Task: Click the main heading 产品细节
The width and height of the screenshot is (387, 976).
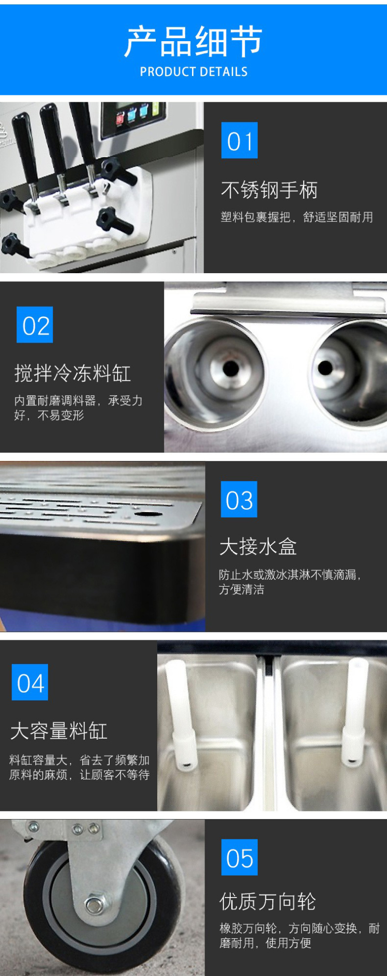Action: click(193, 42)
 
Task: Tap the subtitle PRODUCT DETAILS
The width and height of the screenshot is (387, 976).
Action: click(193, 72)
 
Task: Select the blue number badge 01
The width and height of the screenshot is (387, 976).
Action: click(239, 140)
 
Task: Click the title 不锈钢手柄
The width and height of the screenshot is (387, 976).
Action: click(269, 190)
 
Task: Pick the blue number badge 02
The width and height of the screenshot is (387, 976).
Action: click(35, 325)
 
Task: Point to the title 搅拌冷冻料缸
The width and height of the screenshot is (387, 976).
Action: click(73, 373)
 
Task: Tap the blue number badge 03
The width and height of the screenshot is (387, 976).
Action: click(239, 499)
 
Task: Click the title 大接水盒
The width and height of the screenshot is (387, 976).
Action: click(258, 547)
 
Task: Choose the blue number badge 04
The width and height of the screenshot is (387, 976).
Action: click(30, 682)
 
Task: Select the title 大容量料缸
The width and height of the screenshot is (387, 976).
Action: click(59, 731)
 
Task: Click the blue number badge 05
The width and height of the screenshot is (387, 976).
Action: click(239, 857)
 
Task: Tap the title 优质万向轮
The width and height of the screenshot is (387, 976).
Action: click(268, 901)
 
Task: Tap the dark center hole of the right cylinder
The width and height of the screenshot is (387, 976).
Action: click(325, 368)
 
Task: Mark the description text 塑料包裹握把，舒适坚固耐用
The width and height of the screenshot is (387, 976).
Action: click(297, 217)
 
